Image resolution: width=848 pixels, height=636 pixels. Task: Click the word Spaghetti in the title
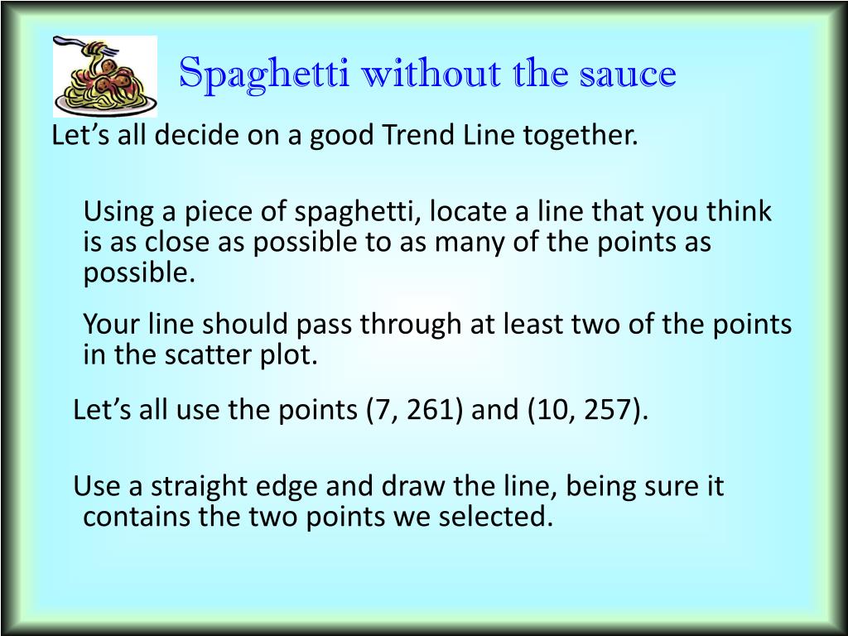point(263,74)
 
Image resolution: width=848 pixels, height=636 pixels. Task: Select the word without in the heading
point(431,73)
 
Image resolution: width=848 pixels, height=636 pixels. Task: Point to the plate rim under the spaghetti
point(105,106)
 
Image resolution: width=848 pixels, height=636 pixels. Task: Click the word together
point(581,136)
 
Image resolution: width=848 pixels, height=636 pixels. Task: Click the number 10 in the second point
point(552,410)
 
